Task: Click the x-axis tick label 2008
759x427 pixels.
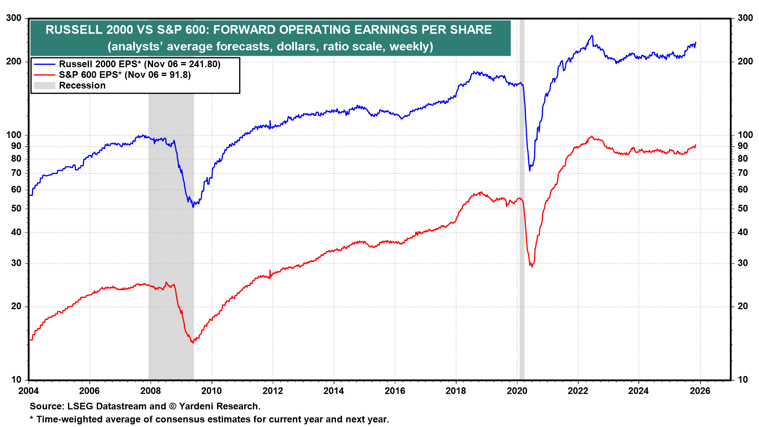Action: (151, 391)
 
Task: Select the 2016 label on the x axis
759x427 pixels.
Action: (395, 391)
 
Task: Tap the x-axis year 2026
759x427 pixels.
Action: (700, 391)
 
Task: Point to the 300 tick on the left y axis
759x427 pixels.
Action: (14, 18)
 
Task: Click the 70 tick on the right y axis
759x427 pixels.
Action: (743, 173)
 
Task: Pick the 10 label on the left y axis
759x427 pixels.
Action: (16, 380)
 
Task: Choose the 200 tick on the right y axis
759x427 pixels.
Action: (745, 61)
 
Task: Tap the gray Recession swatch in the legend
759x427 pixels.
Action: (44, 85)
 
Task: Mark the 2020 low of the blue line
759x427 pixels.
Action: (530, 170)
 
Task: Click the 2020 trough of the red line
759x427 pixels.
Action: (532, 267)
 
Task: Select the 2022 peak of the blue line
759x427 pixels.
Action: (592, 36)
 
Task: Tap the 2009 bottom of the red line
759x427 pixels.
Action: (193, 342)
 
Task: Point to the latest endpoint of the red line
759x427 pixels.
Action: (696, 145)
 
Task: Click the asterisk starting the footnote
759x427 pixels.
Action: (32, 419)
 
